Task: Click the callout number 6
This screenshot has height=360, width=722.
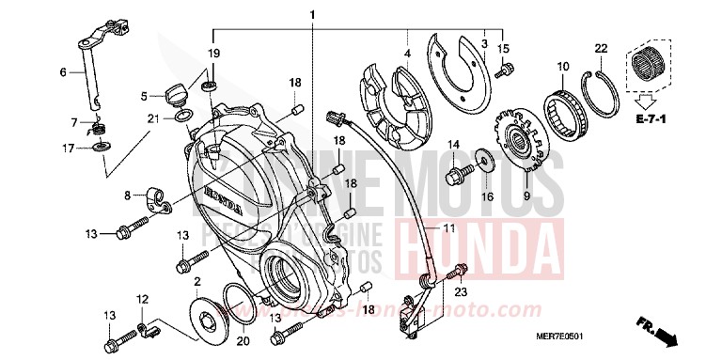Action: point(64,72)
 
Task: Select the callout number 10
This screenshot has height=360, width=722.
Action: point(563,67)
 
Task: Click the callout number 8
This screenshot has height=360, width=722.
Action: point(128,196)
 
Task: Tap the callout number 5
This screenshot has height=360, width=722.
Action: point(145,95)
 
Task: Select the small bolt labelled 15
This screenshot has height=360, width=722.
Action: point(506,69)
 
